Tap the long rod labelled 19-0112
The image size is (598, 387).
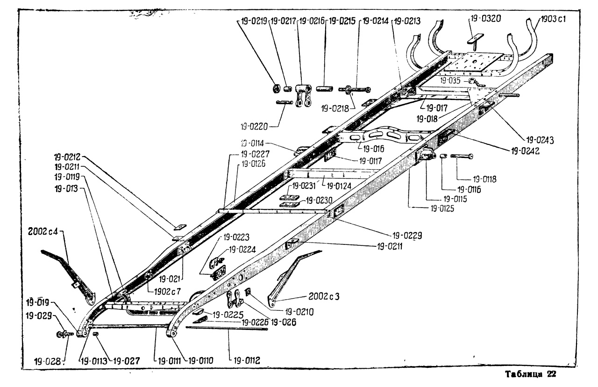pyautogui.click(x=227, y=328)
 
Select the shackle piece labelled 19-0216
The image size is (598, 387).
pyautogui.click(x=303, y=93)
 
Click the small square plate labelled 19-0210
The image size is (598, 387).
pyautogui.click(x=248, y=293)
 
